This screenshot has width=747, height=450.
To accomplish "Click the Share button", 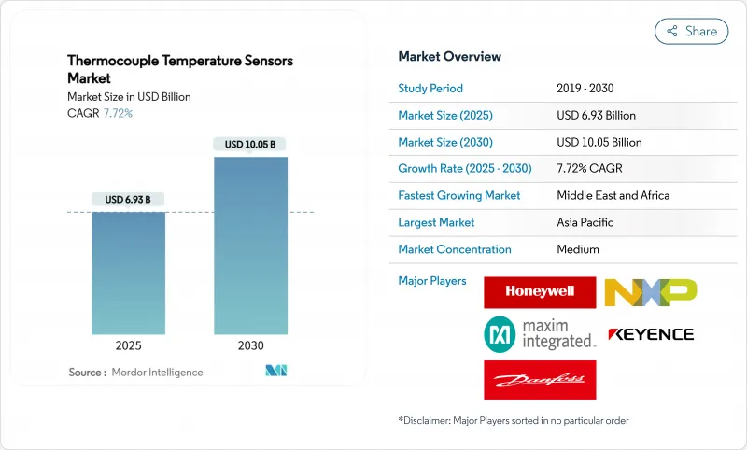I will pyautogui.click(x=692, y=31).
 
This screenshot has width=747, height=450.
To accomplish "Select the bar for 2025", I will pyautogui.click(x=128, y=273).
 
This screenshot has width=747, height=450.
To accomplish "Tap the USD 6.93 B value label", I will pyautogui.click(x=128, y=199).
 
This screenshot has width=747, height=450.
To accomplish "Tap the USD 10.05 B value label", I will pyautogui.click(x=250, y=144).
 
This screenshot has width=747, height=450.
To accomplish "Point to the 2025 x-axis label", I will pyautogui.click(x=128, y=345).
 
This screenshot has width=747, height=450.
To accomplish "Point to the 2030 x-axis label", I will pyautogui.click(x=250, y=345).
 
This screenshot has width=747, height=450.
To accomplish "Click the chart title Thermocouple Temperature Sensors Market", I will pyautogui.click(x=179, y=69).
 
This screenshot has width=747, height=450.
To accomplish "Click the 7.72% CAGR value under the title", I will pyautogui.click(x=117, y=113).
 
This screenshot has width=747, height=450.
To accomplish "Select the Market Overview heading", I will pyautogui.click(x=449, y=56).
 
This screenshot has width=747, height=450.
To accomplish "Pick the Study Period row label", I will pyautogui.click(x=430, y=89).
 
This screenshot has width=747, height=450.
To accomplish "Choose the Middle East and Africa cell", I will pyautogui.click(x=613, y=196).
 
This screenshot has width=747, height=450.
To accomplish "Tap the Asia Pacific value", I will pyautogui.click(x=586, y=222).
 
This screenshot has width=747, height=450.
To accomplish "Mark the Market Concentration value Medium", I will pyautogui.click(x=578, y=249).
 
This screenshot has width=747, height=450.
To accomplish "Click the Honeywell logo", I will pyautogui.click(x=540, y=291).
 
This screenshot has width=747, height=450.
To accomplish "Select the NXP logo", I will pyautogui.click(x=650, y=291).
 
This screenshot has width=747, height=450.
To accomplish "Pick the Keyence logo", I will pyautogui.click(x=650, y=334).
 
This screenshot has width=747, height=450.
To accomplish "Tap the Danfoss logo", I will pyautogui.click(x=540, y=379).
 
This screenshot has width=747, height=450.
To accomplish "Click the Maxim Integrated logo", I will pyautogui.click(x=540, y=334).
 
